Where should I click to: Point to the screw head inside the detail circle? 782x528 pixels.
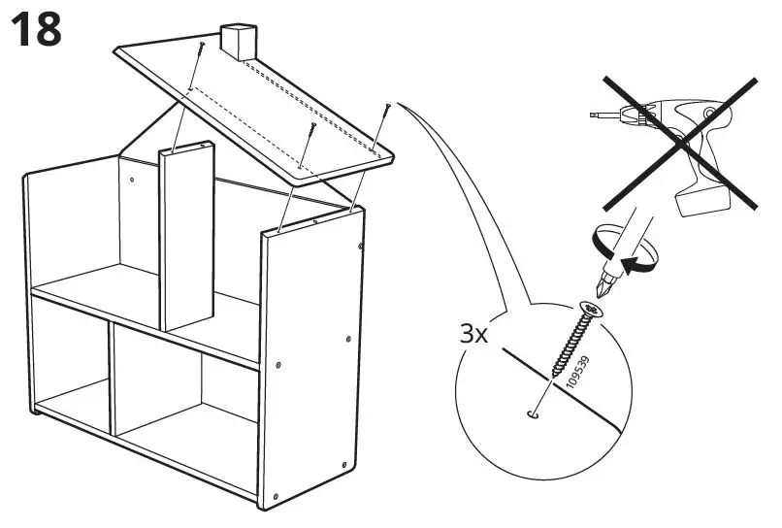(x=588, y=311)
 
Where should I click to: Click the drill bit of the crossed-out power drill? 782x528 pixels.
(x=602, y=116)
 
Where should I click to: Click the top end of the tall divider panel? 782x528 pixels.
(x=187, y=148)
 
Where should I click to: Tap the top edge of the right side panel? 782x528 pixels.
(x=310, y=221)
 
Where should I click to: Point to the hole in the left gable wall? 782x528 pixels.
(x=130, y=179)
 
